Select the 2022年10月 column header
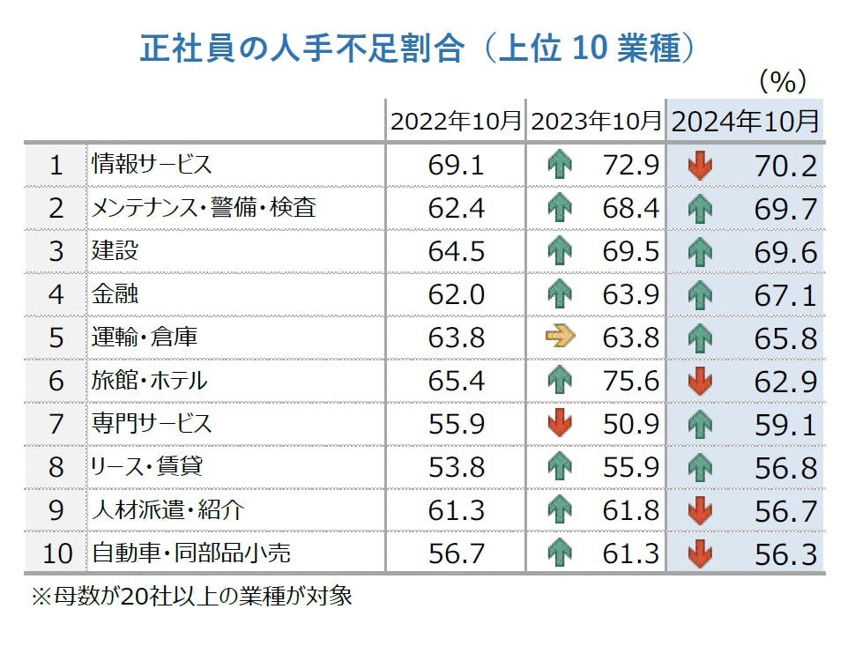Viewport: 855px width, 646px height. [456, 121]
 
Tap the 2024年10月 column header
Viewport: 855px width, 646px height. [745, 121]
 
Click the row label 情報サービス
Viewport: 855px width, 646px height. [152, 164]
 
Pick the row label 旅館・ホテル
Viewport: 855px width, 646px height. [150, 381]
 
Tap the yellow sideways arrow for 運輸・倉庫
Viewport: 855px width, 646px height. [560, 337]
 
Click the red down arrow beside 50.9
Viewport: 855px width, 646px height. [560, 424]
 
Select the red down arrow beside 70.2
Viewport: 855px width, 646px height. [700, 165]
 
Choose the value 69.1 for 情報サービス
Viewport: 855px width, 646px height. [456, 165]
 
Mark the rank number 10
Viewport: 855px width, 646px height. [56, 553]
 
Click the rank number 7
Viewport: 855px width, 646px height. [56, 424]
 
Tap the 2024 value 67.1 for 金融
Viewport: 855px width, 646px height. [785, 294]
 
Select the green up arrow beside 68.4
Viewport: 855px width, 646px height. [560, 208]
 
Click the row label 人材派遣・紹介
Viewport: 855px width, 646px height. [168, 510]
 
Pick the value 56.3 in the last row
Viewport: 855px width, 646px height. [785, 553]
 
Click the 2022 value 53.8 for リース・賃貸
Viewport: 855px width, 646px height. [456, 467]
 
